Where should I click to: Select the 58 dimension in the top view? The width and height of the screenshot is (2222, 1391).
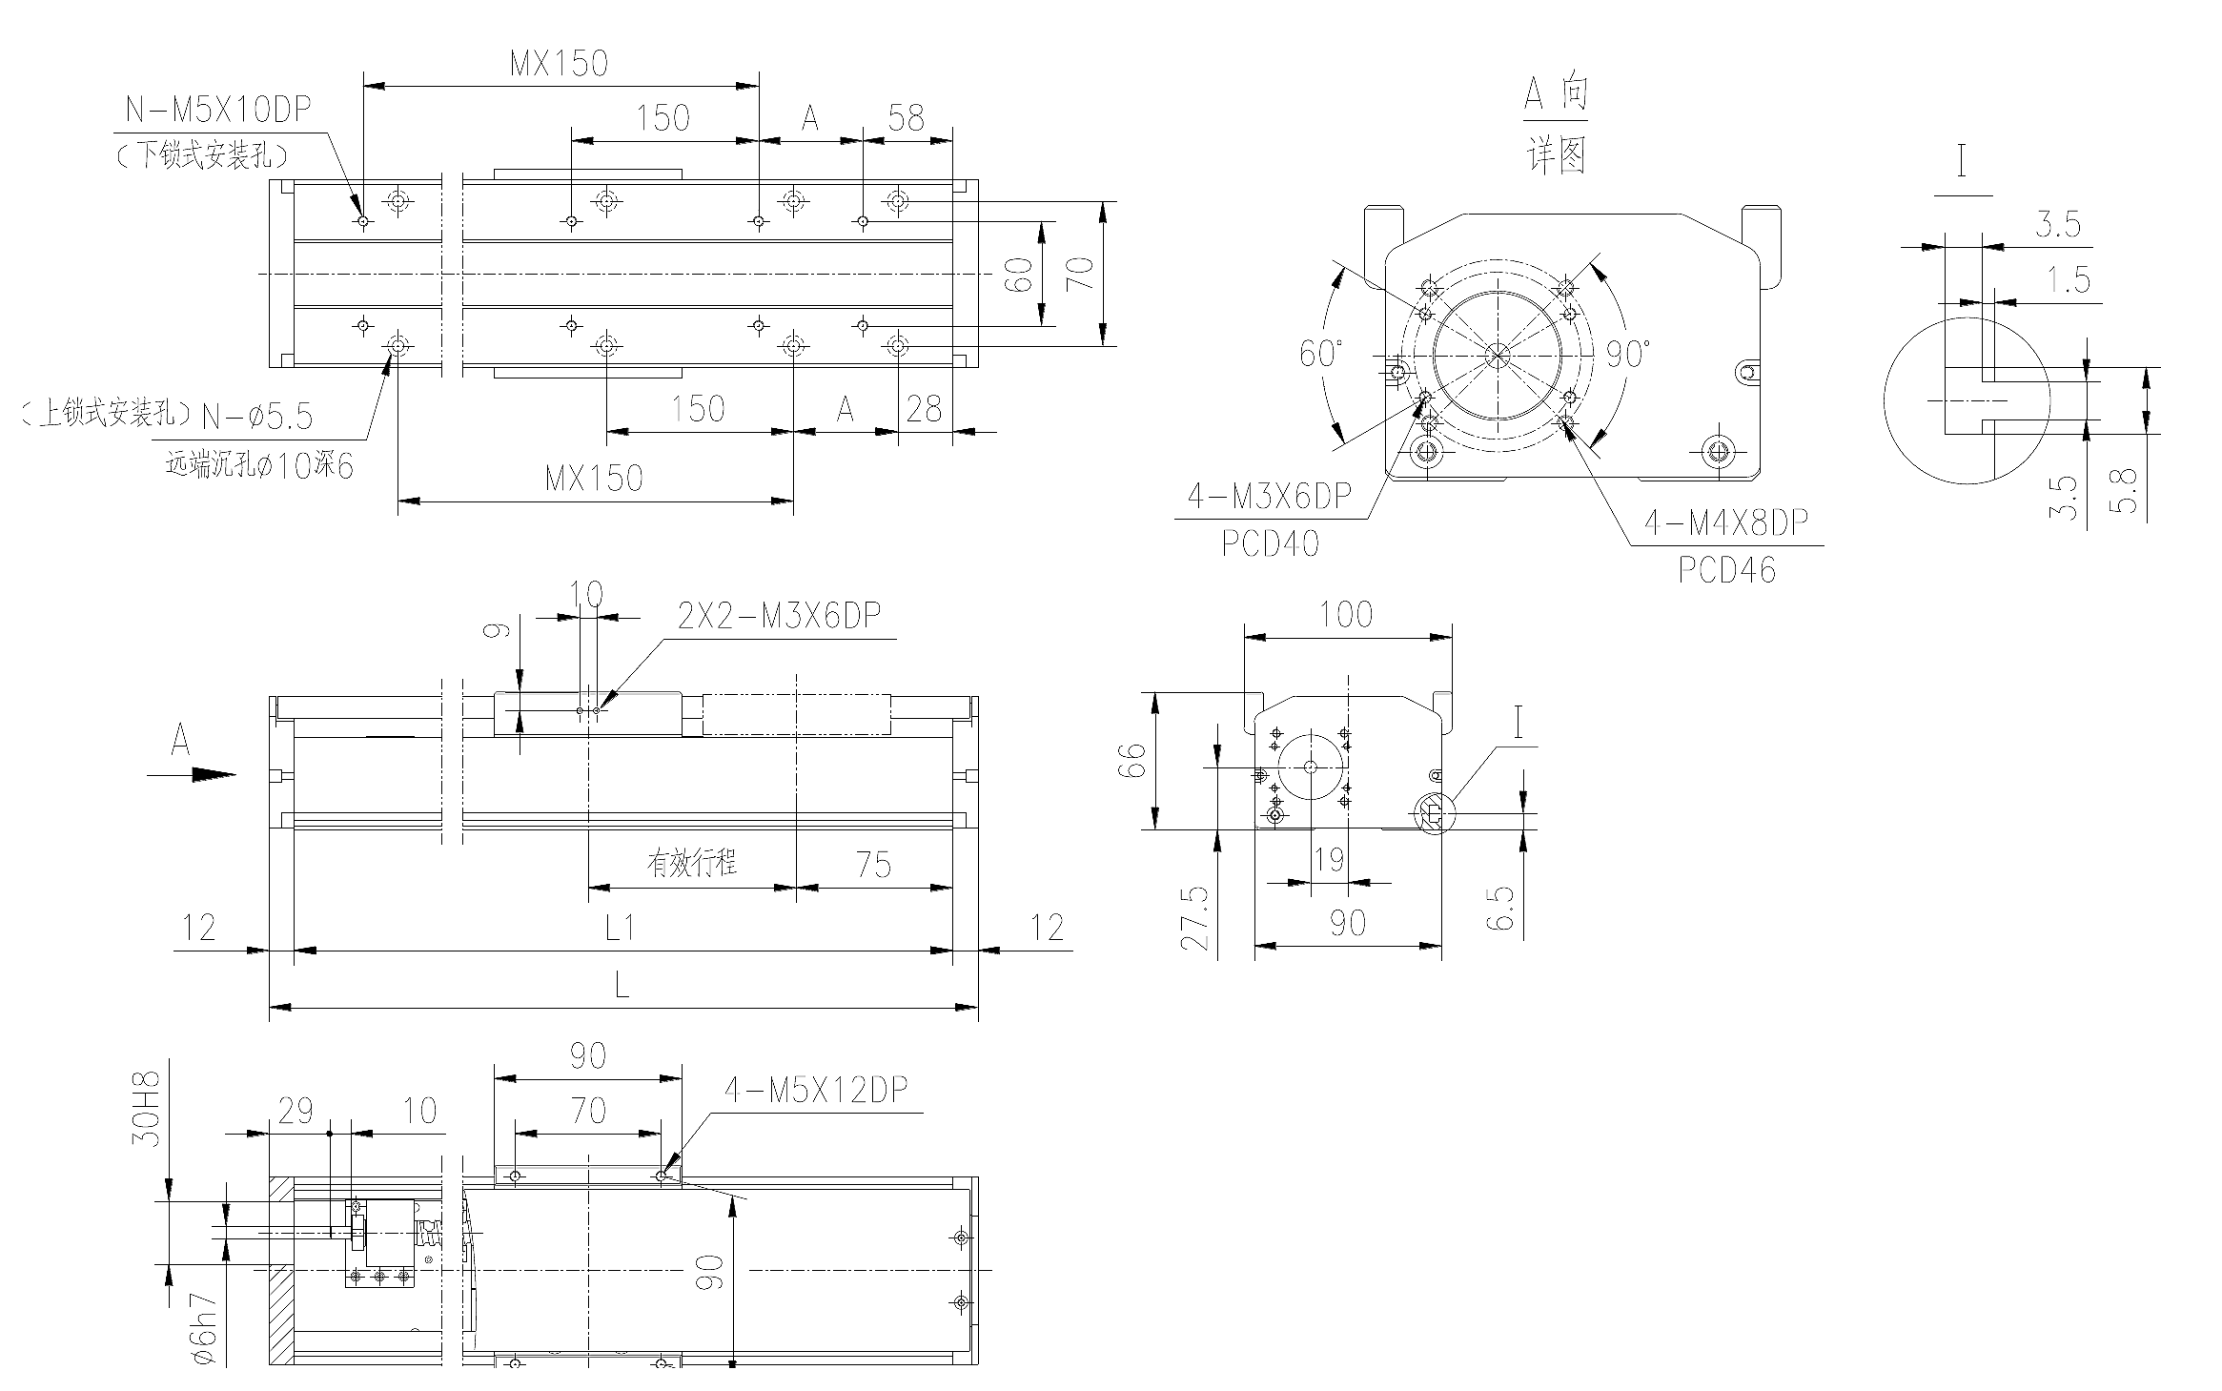pyautogui.click(x=906, y=118)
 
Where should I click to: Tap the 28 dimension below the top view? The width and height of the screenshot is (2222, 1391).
pyautogui.click(x=924, y=409)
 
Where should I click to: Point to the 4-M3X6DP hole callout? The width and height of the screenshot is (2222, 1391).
pyautogui.click(x=1269, y=496)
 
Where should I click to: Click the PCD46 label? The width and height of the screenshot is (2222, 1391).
pyautogui.click(x=1726, y=569)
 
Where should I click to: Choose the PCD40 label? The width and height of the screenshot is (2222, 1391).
pyautogui.click(x=1271, y=543)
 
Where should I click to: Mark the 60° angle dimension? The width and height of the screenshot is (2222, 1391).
pyautogui.click(x=1321, y=354)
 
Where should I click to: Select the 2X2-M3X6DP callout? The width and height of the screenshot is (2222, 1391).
pyautogui.click(x=780, y=616)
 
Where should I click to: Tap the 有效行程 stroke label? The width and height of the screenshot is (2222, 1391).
pyautogui.click(x=692, y=864)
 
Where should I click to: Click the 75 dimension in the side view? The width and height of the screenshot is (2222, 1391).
pyautogui.click(x=873, y=865)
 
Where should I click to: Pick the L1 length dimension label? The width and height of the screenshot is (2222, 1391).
pyautogui.click(x=621, y=927)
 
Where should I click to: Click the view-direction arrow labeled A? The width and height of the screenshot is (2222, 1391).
pyautogui.click(x=191, y=775)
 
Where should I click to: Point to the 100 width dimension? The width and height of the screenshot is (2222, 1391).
pyautogui.click(x=1346, y=615)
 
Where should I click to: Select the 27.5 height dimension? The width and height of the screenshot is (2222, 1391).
pyautogui.click(x=1194, y=918)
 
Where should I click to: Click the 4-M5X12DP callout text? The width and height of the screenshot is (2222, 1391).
pyautogui.click(x=817, y=1090)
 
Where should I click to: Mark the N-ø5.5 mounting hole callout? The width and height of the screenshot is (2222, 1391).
pyautogui.click(x=257, y=416)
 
